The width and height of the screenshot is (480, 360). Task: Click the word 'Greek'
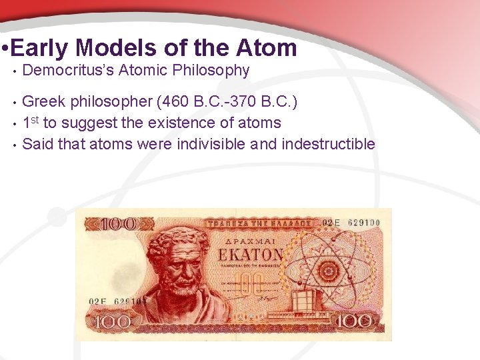(x=43, y=101)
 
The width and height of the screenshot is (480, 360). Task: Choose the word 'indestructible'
(x=329, y=144)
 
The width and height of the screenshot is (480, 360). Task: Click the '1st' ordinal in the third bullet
(x=31, y=122)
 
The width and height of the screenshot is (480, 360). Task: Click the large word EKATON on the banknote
(x=250, y=255)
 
